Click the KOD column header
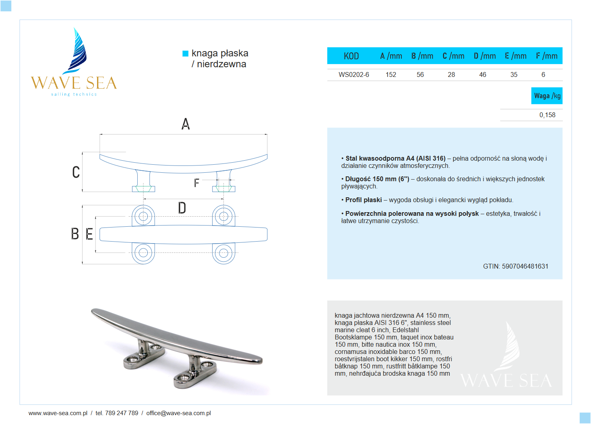pos(351,56)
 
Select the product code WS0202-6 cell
pos(353,74)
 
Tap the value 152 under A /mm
pos(391,74)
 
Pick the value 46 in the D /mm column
pos(482,74)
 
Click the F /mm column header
pos(546,56)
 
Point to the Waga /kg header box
pos(547,96)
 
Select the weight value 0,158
pos(547,115)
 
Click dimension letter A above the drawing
pos(186,124)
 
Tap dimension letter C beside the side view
pos(76,172)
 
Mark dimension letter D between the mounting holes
pos(182,208)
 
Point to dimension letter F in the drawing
pos(196,183)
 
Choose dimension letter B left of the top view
pos(75,234)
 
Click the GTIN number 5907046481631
pos(525,266)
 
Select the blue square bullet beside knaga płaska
pos(186,54)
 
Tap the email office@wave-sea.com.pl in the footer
pos(178,413)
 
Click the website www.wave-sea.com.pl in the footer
pos(58,413)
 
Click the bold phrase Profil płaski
pos(364,200)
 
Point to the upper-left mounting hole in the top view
pos(143,216)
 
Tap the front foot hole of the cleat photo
pos(183,378)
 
